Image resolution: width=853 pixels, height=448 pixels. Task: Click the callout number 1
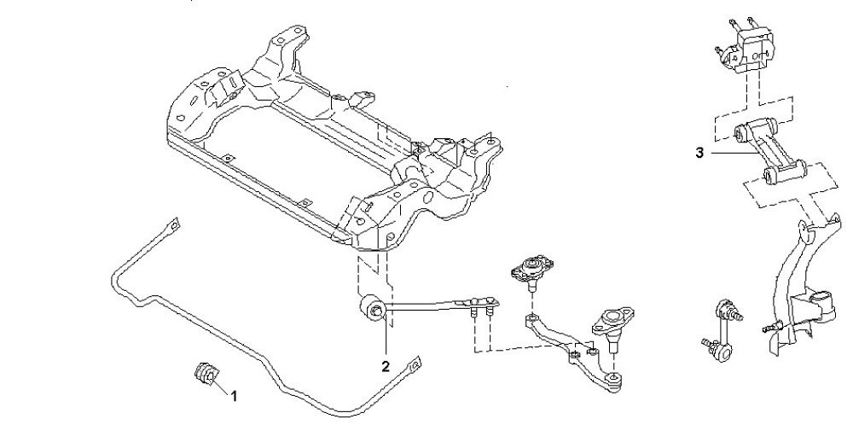(x=234, y=396)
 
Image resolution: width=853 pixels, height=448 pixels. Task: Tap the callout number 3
(x=699, y=154)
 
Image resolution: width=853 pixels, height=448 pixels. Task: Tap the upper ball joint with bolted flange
(x=528, y=271)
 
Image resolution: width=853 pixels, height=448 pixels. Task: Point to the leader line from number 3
(x=721, y=153)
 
